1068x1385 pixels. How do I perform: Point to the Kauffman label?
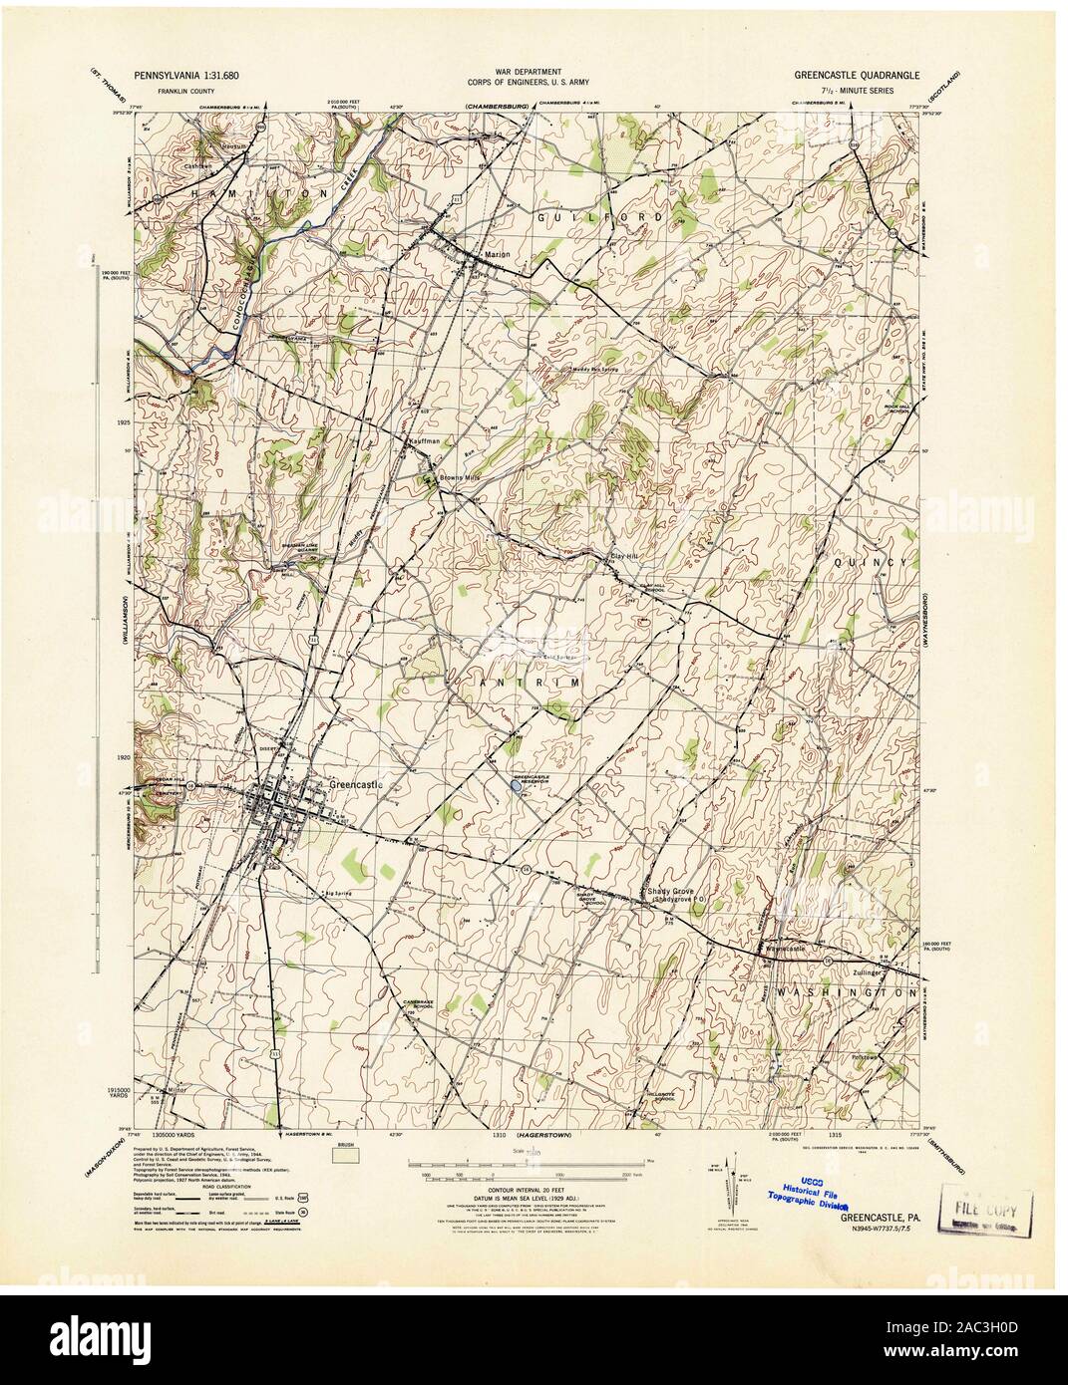click(x=424, y=439)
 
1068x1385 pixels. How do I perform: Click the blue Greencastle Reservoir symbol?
click(x=514, y=786)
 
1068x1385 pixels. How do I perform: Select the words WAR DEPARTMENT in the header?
click(x=533, y=74)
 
